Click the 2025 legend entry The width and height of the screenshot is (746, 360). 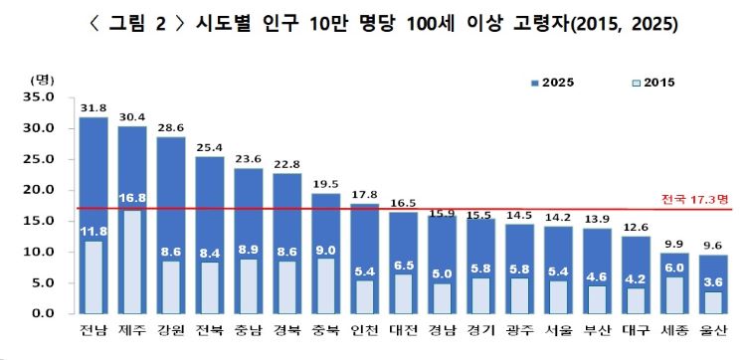[x=552, y=83]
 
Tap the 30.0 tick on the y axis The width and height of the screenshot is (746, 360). [x=43, y=128]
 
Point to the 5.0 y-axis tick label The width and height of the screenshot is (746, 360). [x=45, y=283]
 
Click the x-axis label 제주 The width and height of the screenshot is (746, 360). [x=131, y=329]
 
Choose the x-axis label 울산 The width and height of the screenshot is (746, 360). [x=713, y=329]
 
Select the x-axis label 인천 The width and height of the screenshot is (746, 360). [x=364, y=329]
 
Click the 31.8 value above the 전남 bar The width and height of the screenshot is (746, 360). [x=93, y=108]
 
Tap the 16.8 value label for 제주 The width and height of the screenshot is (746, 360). [x=132, y=198]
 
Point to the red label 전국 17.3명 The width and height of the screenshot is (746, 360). [x=694, y=200]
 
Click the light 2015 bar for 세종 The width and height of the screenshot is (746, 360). [x=675, y=295]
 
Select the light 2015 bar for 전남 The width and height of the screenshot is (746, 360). [x=93, y=277]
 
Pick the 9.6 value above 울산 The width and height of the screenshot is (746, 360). [x=713, y=248]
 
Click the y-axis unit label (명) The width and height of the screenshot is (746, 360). [x=43, y=80]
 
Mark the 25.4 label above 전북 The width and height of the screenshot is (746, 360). [x=209, y=148]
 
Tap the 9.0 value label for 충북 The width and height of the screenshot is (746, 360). [x=326, y=250]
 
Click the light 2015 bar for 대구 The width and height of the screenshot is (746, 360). [x=637, y=301]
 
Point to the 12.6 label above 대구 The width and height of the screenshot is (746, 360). [x=637, y=229]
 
